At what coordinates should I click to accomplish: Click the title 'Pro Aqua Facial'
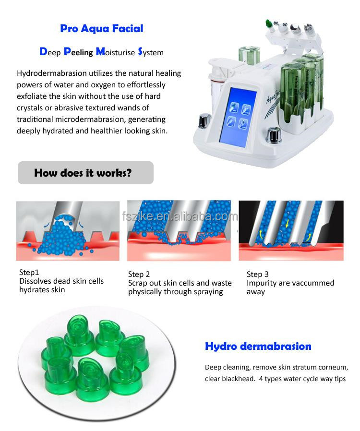coord(102,29)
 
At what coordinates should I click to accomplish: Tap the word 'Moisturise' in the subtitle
coord(115,52)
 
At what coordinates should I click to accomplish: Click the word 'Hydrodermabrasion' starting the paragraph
coord(52,73)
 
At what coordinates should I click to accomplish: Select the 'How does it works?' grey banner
coord(85,173)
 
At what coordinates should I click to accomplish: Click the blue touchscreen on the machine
coord(238,117)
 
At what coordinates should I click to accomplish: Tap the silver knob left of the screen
coord(204,120)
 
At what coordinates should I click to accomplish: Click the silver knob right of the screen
coord(274,135)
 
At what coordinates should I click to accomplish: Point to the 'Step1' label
coord(29,273)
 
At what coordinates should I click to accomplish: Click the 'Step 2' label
coord(139,275)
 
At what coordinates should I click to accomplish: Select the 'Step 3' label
coord(257,275)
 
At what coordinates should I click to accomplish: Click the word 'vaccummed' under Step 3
coord(311,283)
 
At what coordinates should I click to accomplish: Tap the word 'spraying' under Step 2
coord(208,292)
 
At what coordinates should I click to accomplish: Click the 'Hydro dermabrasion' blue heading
coord(258,347)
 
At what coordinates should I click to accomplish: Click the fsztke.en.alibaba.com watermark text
coord(180,216)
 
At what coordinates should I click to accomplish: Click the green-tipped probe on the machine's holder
coord(269,25)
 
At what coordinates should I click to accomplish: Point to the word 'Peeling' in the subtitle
coord(78,52)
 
